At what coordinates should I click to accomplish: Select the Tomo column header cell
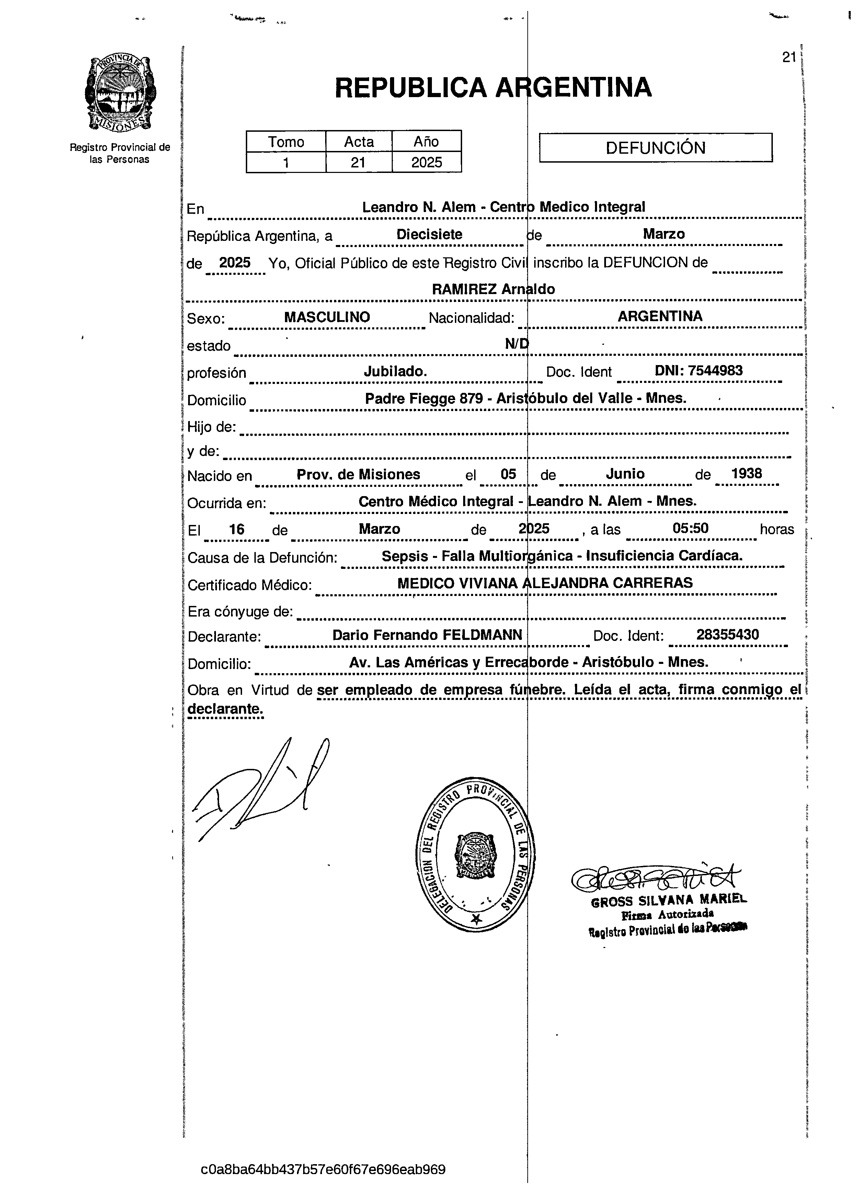click(286, 142)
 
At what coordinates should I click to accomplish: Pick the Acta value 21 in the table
click(358, 162)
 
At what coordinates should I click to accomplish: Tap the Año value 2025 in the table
click(427, 162)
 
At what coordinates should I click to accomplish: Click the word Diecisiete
click(429, 234)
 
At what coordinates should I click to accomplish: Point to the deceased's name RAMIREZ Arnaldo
click(493, 289)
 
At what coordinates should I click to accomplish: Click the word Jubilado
click(395, 372)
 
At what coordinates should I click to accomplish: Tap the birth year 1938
click(746, 473)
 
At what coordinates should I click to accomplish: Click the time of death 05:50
click(690, 528)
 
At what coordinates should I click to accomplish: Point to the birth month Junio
click(625, 474)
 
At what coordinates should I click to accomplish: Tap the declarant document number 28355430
click(727, 634)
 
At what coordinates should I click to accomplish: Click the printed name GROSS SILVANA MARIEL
click(669, 900)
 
